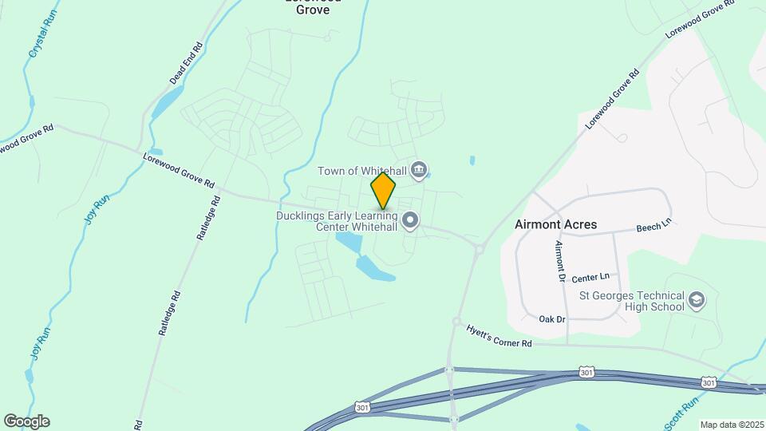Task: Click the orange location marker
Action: [383, 190]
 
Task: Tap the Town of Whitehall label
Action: [362, 171]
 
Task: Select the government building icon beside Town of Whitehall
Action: [420, 170]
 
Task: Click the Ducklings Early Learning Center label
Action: [337, 221]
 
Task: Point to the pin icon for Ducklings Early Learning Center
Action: [410, 220]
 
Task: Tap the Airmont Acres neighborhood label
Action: [555, 224]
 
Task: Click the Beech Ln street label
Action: [654, 228]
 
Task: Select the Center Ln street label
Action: [590, 277]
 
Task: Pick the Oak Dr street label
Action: [551, 319]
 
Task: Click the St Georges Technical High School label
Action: [632, 301]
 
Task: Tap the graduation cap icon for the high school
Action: [697, 300]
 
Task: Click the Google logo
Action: [26, 421]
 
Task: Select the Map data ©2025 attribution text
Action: [731, 425]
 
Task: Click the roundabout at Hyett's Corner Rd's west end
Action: [456, 322]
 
